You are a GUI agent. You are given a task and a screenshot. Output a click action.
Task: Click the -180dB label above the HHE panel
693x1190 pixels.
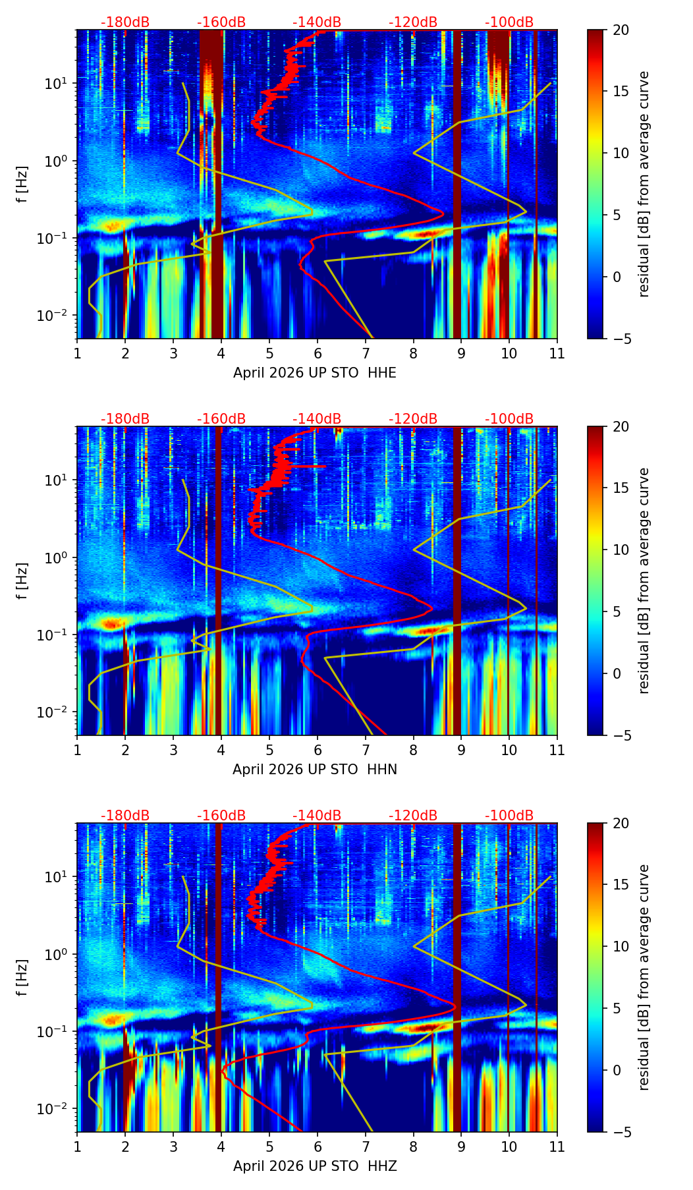(125, 22)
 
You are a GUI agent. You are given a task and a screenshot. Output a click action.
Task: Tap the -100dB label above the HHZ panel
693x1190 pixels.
(509, 816)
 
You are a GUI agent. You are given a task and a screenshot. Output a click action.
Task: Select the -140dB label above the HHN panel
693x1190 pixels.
(317, 419)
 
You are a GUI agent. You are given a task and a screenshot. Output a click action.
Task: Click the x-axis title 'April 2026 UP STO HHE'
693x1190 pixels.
(315, 373)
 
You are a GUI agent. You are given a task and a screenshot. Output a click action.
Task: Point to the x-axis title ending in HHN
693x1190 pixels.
(315, 770)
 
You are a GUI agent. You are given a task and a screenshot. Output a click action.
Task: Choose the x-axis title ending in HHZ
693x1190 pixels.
(315, 1166)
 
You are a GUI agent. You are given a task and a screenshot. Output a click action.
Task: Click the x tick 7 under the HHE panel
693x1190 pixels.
(365, 353)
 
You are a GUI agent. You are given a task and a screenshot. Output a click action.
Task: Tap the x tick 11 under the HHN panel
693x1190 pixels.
(557, 750)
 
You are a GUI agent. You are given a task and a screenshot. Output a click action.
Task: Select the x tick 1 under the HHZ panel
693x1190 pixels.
(77, 1147)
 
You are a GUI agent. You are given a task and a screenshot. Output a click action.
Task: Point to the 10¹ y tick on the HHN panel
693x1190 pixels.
(58, 479)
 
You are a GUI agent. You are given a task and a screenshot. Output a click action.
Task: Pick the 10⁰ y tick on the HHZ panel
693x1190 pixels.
(58, 954)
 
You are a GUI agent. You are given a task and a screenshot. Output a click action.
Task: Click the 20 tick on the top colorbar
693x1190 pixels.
(621, 30)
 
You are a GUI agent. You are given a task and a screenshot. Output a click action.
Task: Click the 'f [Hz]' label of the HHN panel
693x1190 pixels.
(22, 581)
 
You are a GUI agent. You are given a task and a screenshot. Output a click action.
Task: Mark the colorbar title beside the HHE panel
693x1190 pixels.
(644, 184)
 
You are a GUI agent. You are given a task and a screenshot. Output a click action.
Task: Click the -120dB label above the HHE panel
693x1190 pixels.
(413, 22)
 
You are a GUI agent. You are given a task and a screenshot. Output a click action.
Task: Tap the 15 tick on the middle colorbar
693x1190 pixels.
(621, 488)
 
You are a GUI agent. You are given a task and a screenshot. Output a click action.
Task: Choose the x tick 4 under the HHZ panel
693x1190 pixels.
(221, 1147)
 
